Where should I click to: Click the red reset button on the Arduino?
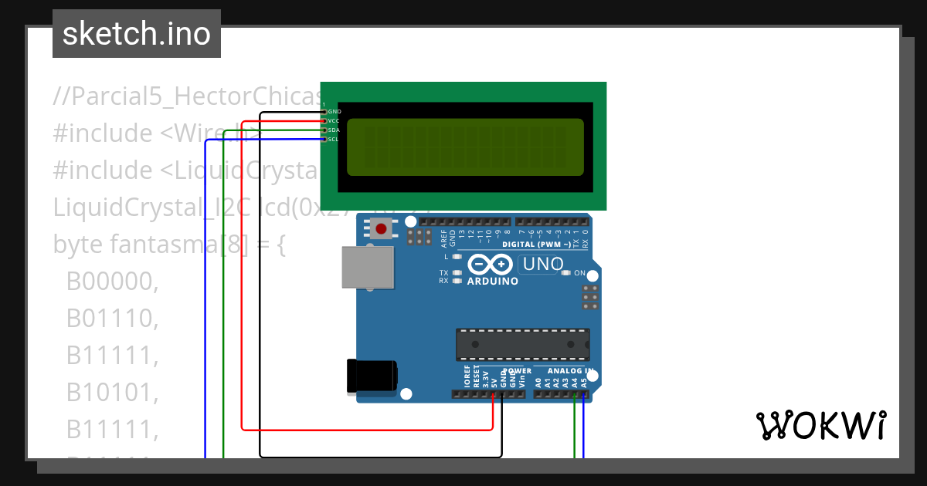[x=381, y=228]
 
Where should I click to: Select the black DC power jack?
[x=372, y=376]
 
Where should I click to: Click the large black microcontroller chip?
[x=522, y=344]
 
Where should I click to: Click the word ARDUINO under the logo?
[x=493, y=282]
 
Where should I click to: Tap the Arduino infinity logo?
[x=490, y=265]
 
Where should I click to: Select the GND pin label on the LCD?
[x=334, y=112]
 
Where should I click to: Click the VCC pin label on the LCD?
[x=334, y=121]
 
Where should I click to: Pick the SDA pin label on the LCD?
[x=334, y=130]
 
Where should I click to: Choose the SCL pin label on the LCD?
[x=334, y=140]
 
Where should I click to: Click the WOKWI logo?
[x=820, y=425]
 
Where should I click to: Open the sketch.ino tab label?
[x=137, y=34]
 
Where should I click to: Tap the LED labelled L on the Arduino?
[x=457, y=256]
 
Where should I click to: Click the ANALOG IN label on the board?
[x=569, y=371]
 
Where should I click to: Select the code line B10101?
[x=112, y=393]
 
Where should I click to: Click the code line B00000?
[x=112, y=282]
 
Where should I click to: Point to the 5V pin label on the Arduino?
[x=494, y=380]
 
